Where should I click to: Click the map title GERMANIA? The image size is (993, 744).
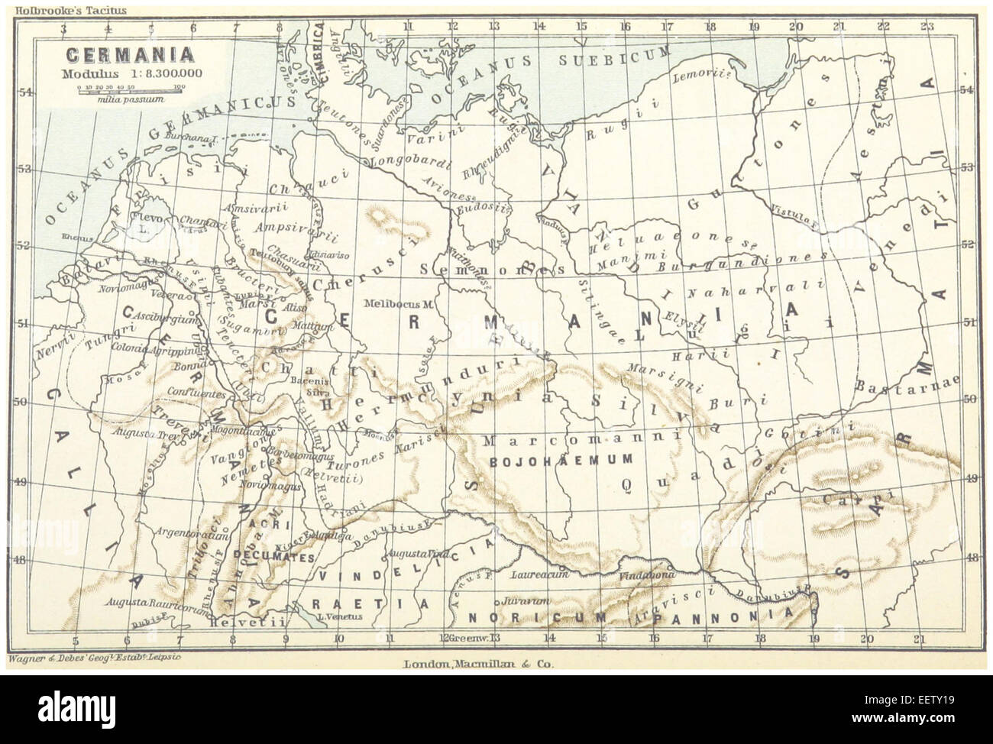pos(128,57)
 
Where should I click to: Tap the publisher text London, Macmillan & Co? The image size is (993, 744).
pos(477,665)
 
